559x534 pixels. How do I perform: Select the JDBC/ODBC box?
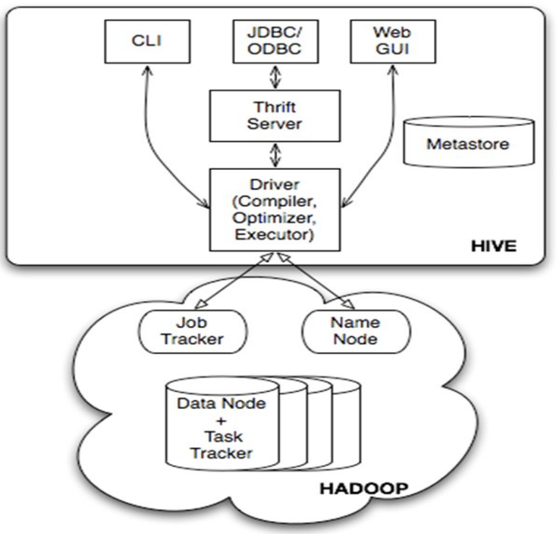(266, 41)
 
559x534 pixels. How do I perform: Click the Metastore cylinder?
(467, 143)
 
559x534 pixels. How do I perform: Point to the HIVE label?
(495, 246)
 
